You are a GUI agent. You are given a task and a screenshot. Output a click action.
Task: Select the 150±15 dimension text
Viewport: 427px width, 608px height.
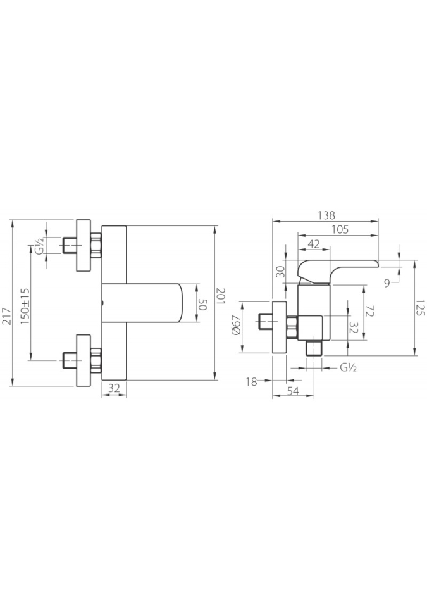pos(25,307)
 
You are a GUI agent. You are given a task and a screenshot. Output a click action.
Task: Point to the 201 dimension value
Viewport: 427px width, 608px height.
pos(221,297)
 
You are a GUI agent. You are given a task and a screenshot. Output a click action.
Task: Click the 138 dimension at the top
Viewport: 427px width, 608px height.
pos(326,215)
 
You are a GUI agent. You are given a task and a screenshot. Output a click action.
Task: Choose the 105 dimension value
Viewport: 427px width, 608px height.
pos(340,229)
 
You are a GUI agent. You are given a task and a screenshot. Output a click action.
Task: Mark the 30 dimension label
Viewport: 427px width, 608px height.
pos(282,271)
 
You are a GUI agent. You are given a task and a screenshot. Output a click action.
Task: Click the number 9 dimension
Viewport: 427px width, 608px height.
pos(387,283)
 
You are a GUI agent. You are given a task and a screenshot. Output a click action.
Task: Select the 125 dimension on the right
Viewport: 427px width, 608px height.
pos(421,307)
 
